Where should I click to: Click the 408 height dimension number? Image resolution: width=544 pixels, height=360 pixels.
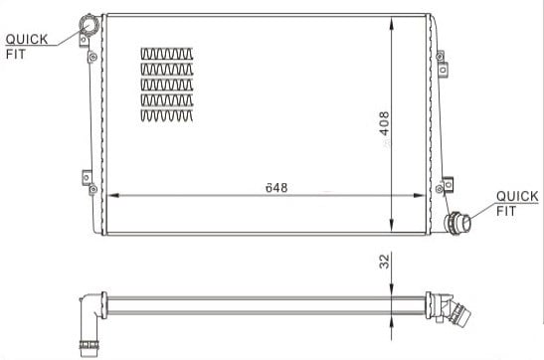(x=384, y=123)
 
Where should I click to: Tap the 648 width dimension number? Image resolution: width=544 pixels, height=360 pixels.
(x=276, y=188)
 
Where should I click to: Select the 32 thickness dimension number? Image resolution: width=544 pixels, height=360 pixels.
(x=385, y=262)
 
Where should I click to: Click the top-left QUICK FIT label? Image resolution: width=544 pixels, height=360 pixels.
(x=27, y=47)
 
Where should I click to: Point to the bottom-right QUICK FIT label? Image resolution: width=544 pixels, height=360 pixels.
(x=517, y=203)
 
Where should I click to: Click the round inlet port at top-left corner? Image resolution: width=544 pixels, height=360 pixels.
(x=90, y=25)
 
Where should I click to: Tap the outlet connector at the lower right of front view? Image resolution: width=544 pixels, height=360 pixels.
(x=457, y=222)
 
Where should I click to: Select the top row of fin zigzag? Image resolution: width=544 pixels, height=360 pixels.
(x=167, y=54)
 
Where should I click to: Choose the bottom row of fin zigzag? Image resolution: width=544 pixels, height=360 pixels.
(x=167, y=115)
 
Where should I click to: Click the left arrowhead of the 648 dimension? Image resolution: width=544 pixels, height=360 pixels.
(x=113, y=195)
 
